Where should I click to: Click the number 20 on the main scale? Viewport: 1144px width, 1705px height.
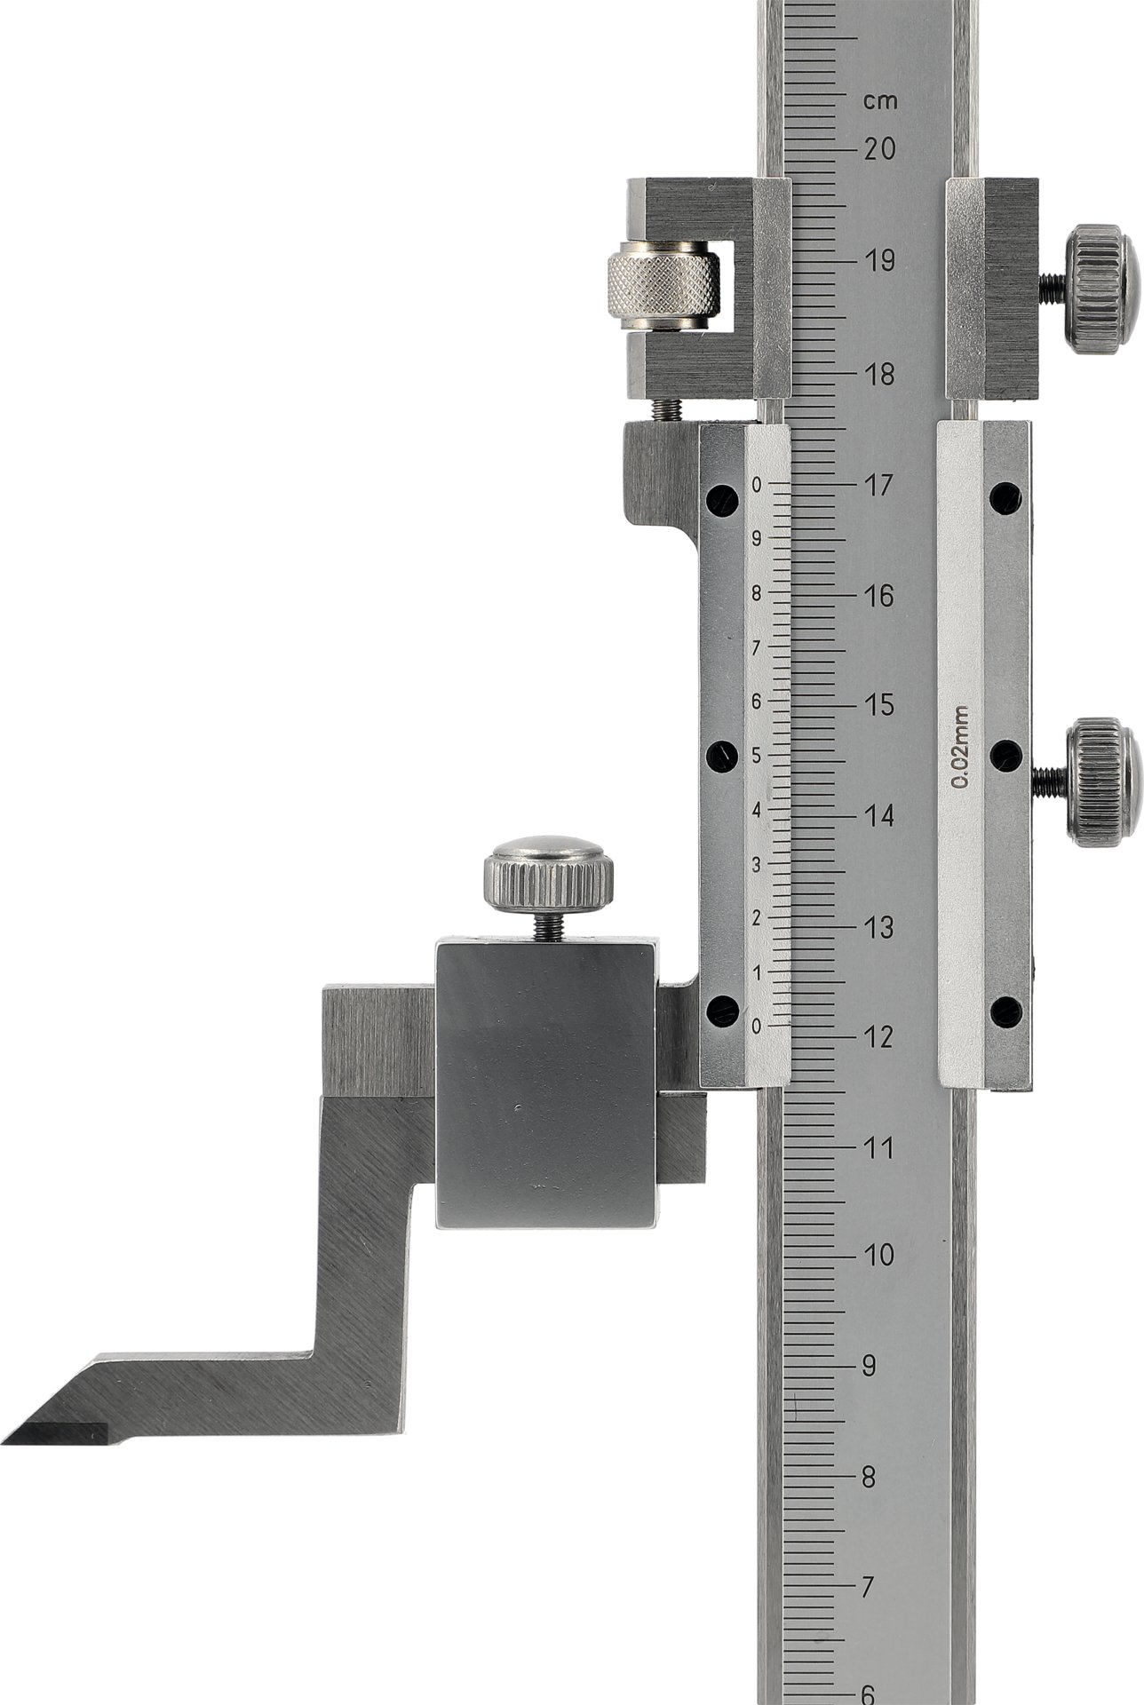(x=879, y=149)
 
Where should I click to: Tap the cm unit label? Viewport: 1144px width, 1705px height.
(x=880, y=101)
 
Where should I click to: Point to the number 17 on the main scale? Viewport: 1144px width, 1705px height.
(x=878, y=486)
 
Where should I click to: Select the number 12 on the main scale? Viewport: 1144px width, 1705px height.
(x=878, y=1036)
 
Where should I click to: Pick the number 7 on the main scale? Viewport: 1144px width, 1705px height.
(x=870, y=1586)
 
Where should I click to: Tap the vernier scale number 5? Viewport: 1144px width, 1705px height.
(x=756, y=756)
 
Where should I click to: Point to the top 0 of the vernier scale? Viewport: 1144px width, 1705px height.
(x=756, y=485)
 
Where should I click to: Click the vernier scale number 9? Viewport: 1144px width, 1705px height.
(x=756, y=538)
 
